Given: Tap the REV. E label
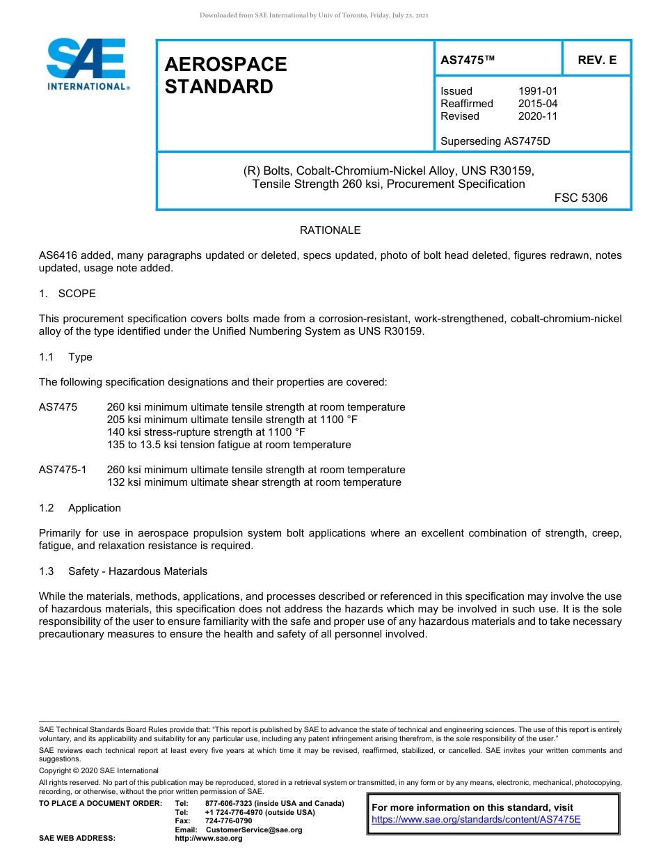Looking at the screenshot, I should point(597,61).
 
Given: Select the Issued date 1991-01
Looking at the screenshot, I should point(538,91).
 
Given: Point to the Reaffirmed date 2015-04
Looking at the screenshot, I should point(538,104).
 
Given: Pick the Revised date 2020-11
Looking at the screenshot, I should point(538,116).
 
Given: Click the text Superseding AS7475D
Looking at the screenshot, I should point(495,141).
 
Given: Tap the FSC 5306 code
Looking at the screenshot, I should point(581,198).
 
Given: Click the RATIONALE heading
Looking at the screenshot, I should point(330,230).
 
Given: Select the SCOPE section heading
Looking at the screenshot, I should point(77,294).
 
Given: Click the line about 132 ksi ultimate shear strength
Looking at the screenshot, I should point(254,482).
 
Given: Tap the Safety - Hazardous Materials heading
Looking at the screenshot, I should point(137,571).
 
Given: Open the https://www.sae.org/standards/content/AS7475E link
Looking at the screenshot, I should point(476,820).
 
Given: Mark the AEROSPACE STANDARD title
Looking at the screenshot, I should point(225,75).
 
